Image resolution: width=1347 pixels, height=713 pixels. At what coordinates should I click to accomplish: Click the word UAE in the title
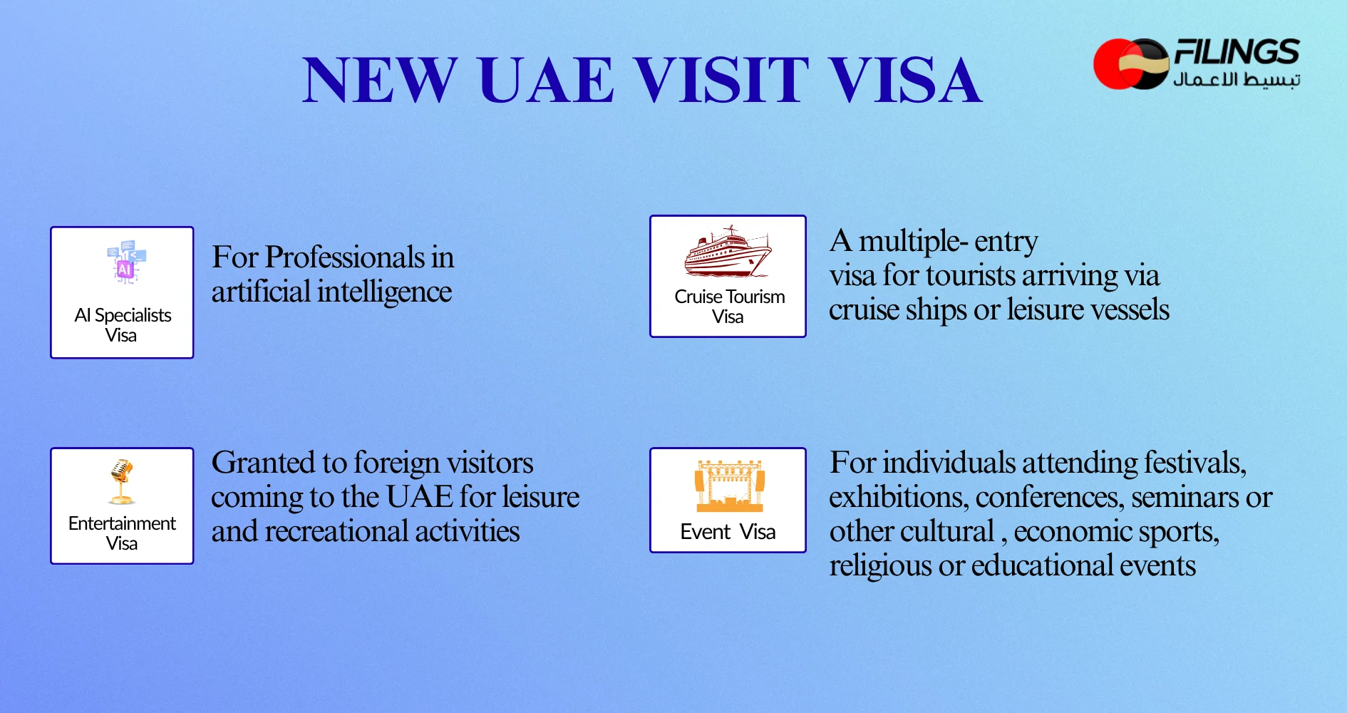coord(546,80)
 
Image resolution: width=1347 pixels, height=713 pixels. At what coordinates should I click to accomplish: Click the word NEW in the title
coord(380,80)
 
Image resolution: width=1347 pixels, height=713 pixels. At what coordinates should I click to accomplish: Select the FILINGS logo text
coord(1237,52)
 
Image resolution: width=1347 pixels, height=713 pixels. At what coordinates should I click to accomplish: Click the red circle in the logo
coord(1112,64)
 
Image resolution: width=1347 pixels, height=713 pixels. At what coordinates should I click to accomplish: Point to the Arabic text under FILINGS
coord(1237,79)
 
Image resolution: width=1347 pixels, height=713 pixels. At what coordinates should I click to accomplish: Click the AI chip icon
coord(125,262)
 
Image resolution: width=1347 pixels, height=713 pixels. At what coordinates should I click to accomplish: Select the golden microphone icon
coord(122,481)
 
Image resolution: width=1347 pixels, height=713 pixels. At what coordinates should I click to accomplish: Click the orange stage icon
coord(730,486)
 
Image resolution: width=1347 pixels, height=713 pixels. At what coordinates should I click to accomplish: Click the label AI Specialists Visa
coord(123,325)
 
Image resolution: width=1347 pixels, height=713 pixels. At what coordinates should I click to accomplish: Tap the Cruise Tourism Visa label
coord(729,307)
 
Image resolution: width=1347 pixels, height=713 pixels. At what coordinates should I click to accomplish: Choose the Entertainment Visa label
coord(122,533)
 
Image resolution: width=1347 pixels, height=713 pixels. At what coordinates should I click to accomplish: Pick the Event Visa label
coord(728,532)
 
